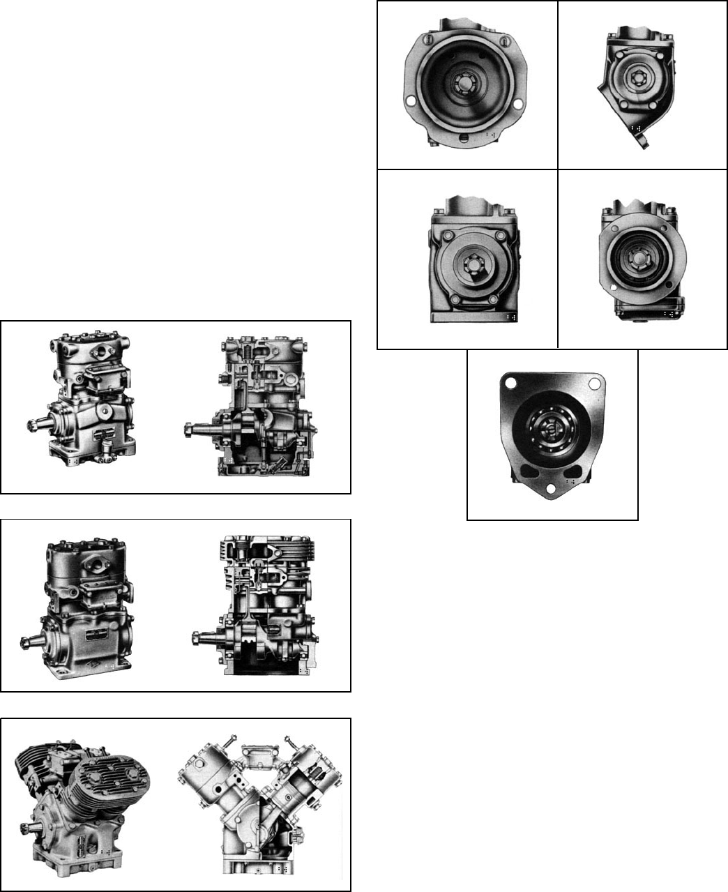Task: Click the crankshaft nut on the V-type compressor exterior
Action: (26, 829)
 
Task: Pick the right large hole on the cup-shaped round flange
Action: (518, 105)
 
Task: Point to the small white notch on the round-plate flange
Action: (612, 287)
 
